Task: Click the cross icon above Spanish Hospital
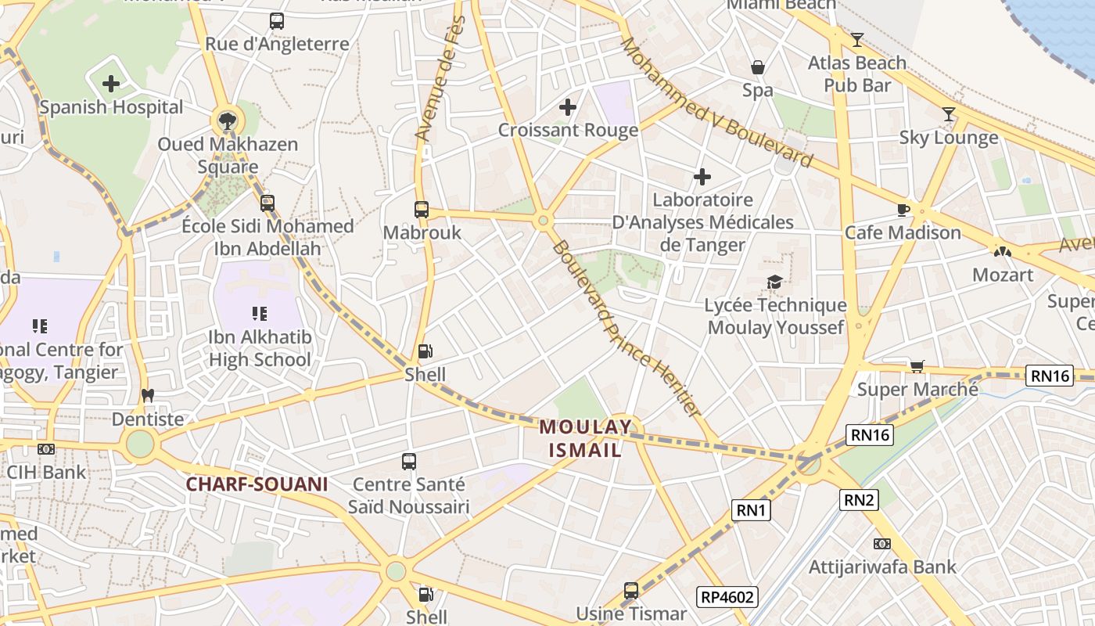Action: [111, 83]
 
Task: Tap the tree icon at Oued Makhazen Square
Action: [227, 121]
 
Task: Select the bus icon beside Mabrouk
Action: [422, 210]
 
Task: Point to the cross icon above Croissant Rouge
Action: [568, 107]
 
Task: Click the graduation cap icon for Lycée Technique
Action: [774, 282]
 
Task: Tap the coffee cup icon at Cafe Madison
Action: [903, 210]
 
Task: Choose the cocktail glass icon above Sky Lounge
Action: [949, 114]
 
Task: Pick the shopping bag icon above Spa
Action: [757, 67]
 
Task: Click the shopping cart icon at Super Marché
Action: [917, 366]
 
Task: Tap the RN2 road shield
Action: [859, 499]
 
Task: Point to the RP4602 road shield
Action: [728, 598]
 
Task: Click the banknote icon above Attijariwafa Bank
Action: [882, 544]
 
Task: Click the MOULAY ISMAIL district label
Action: [585, 438]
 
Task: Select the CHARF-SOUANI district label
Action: [257, 484]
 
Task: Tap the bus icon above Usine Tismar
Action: [631, 590]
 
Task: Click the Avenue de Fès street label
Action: [441, 78]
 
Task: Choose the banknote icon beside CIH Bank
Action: [46, 448]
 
